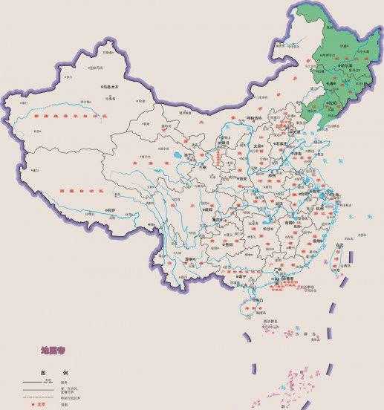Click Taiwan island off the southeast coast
pos(336,256)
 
